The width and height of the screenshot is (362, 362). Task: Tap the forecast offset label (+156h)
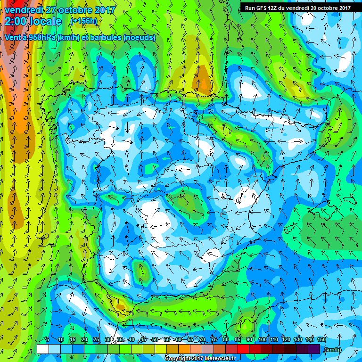click(x=84, y=21)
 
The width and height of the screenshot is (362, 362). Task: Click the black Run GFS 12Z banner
click(x=297, y=8)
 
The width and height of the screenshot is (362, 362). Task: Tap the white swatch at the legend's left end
click(x=43, y=348)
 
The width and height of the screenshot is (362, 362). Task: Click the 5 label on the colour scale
click(x=48, y=340)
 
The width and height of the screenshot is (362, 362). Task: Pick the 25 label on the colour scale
click(x=96, y=340)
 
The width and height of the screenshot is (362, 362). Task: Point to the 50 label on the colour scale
click(x=155, y=340)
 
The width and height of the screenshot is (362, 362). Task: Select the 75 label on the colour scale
click(x=214, y=340)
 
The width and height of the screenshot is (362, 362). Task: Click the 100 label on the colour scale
click(x=263, y=340)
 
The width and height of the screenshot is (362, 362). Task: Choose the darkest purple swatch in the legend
click(x=314, y=348)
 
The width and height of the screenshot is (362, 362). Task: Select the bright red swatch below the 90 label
click(x=243, y=348)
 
